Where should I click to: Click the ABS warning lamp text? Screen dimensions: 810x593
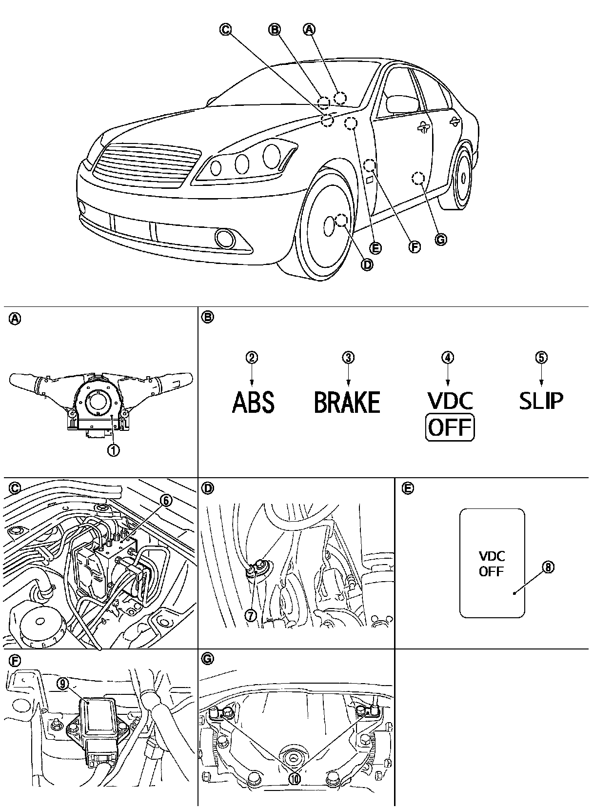[253, 402]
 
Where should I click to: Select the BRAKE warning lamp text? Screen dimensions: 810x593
[347, 402]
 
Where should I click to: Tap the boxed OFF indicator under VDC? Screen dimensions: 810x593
[450, 428]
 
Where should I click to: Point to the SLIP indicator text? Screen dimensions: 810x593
[541, 401]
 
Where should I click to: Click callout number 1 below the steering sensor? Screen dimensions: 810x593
[113, 449]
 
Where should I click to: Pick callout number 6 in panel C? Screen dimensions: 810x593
[166, 500]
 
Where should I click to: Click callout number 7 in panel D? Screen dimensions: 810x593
[251, 615]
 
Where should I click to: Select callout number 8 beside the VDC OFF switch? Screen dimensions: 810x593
[548, 567]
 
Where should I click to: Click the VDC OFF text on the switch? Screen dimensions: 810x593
[492, 564]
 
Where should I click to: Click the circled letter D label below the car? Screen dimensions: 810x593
[367, 264]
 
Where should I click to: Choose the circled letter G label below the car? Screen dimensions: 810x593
[440, 240]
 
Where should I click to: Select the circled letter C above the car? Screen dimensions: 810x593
[225, 30]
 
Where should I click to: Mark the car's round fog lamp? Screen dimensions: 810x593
[226, 238]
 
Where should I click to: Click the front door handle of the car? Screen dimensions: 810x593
[424, 128]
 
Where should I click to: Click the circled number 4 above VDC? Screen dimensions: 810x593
[448, 357]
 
